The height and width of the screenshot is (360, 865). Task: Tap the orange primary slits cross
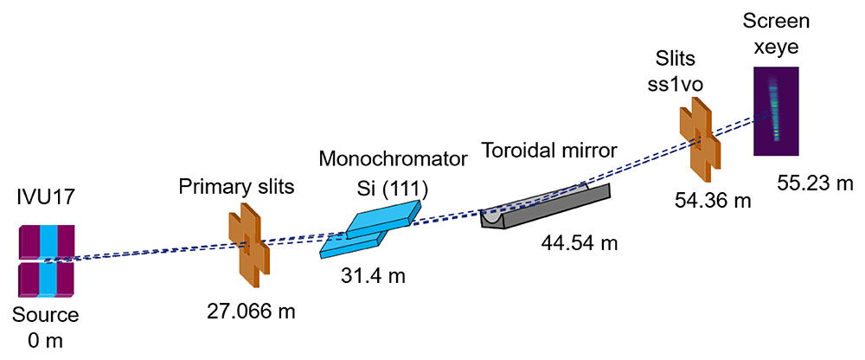(249, 246)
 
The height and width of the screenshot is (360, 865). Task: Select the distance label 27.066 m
(252, 312)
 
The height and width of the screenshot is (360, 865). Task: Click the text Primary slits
(236, 187)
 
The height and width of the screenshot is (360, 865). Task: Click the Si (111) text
(392, 189)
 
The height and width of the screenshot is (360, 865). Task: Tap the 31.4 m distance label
(373, 274)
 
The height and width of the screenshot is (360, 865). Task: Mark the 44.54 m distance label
(578, 241)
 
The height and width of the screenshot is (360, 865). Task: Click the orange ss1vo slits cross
(700, 140)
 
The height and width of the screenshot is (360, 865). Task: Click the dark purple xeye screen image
(776, 111)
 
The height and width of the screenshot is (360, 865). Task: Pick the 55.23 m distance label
(816, 183)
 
